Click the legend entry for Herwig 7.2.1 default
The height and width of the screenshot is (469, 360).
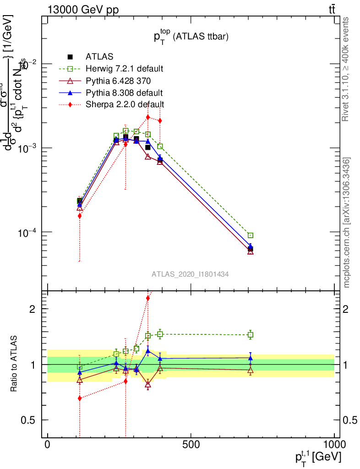124,69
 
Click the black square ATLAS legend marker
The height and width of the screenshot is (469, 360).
71,57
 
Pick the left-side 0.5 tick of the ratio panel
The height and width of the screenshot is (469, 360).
28,420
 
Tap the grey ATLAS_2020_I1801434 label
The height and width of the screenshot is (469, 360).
190,274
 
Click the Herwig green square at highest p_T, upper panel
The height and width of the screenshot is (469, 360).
251,235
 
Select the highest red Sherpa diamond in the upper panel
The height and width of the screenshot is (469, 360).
148,117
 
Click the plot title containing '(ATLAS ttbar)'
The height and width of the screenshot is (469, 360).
191,37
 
